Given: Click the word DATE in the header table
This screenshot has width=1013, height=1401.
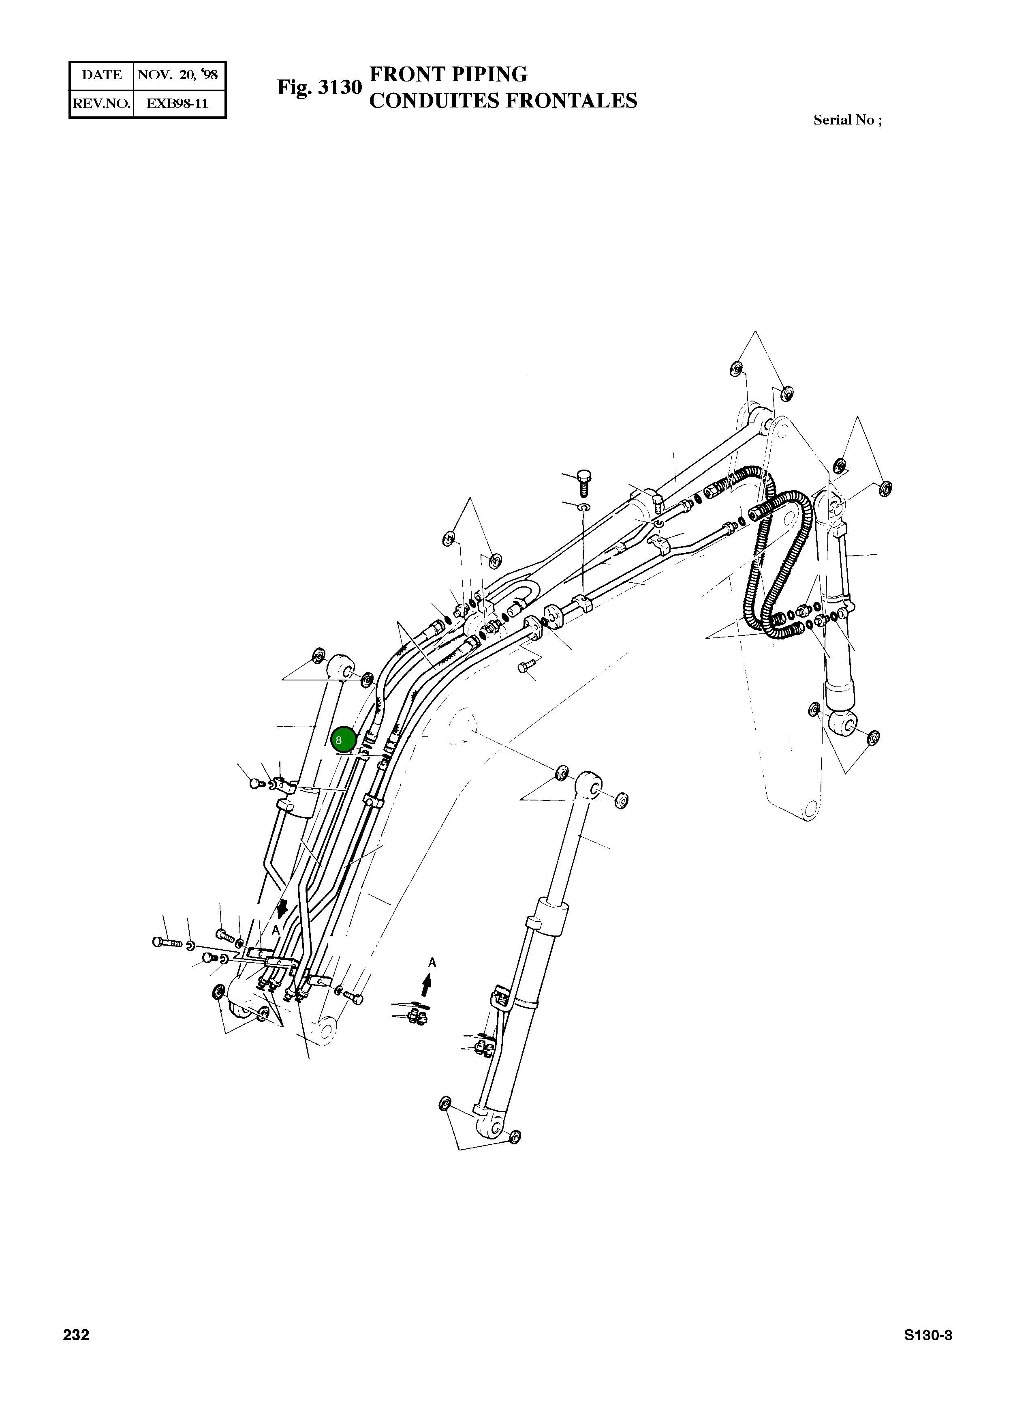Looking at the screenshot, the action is tap(102, 75).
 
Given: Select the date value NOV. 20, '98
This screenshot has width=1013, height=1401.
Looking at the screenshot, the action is tap(178, 75).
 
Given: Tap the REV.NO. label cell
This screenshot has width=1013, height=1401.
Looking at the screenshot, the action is tap(101, 103).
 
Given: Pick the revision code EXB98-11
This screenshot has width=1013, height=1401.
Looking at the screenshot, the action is tap(177, 103).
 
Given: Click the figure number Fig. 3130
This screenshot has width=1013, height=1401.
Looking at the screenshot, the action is tap(319, 87).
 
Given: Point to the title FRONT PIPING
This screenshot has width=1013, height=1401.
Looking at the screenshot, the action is tap(448, 74).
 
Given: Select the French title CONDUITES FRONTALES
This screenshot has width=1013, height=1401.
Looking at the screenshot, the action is tap(503, 100).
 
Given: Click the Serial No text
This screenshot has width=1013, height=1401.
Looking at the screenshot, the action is tap(848, 120).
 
